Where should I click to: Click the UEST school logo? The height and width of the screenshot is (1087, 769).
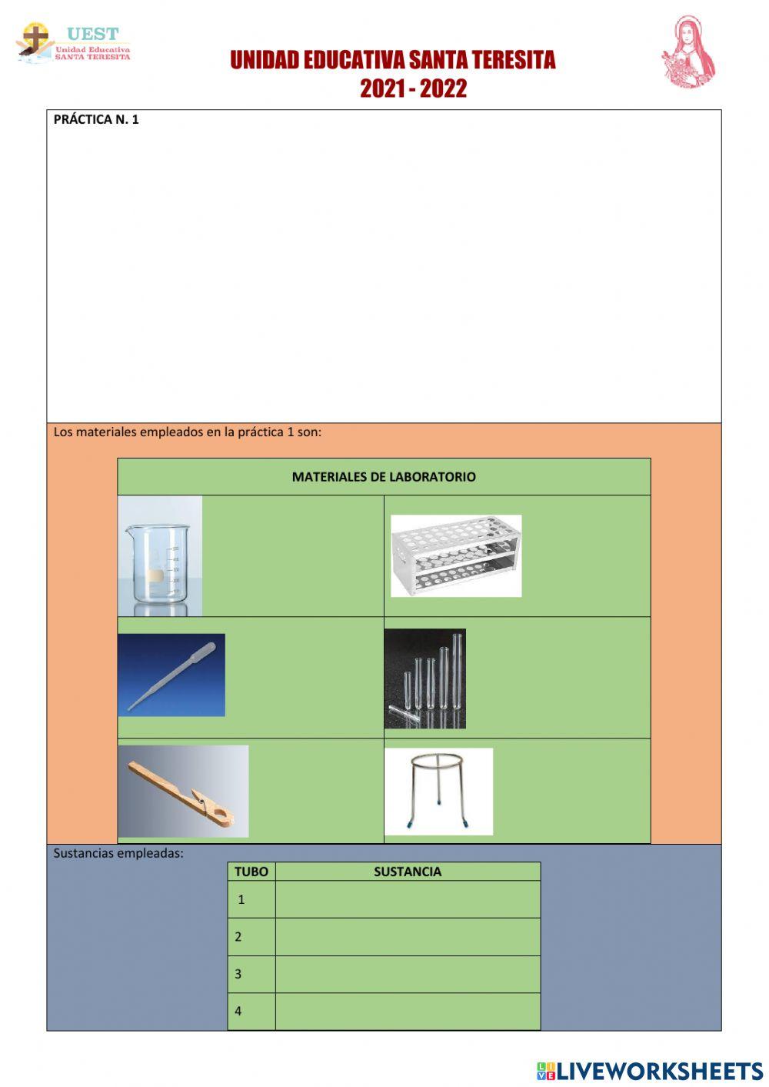tap(73, 43)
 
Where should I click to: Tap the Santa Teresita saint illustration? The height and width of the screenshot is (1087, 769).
tap(688, 52)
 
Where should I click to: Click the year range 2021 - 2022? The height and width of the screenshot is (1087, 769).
tap(413, 88)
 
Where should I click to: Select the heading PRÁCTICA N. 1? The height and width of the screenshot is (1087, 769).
tap(96, 119)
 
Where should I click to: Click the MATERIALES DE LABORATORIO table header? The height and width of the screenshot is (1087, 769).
tap(384, 477)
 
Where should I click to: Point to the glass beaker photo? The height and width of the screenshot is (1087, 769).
tap(160, 555)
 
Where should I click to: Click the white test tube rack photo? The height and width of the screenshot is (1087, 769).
tap(455, 555)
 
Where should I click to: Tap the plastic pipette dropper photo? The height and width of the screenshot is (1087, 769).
tap(171, 675)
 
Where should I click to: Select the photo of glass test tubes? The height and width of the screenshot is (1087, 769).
tap(424, 678)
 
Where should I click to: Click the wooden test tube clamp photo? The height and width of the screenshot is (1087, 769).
tap(183, 791)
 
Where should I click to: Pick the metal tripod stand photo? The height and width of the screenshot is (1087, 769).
tap(438, 791)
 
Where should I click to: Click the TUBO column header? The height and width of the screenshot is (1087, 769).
tap(251, 872)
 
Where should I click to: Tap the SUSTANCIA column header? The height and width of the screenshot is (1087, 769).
tap(408, 872)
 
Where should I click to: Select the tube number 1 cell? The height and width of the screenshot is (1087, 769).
tap(251, 899)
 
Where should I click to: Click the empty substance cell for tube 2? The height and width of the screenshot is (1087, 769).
tap(408, 937)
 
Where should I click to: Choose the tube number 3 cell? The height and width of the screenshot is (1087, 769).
tap(251, 974)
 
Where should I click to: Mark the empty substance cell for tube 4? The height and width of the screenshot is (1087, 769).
tap(408, 1011)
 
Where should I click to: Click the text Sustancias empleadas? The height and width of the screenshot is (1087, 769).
tap(118, 852)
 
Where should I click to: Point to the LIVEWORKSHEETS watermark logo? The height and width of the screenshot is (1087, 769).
tap(650, 1071)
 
